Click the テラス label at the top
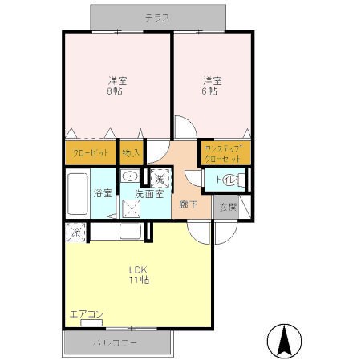156,17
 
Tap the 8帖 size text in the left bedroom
117,91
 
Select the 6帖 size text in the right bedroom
211,91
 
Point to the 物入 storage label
130,153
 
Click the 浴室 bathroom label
102,193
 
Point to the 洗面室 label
149,193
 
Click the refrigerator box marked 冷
75,233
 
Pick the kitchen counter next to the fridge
120,233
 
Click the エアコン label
85,313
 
